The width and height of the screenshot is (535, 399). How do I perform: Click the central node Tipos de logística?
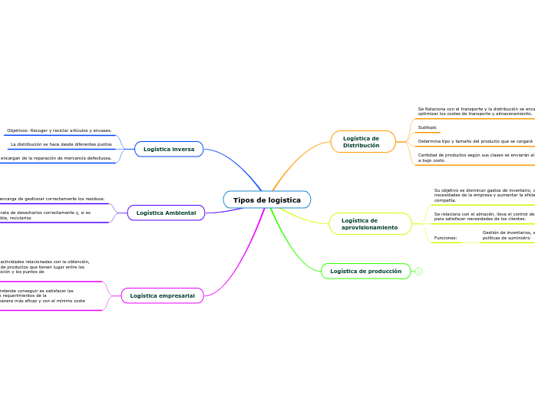(x=267, y=199)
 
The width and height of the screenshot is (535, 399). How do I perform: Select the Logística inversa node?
(x=169, y=149)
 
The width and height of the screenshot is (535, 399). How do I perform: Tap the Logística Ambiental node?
(x=166, y=213)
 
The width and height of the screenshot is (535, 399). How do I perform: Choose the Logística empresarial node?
(x=162, y=295)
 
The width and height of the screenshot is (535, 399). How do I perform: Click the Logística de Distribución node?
(x=362, y=142)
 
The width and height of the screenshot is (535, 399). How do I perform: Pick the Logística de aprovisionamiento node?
(x=370, y=224)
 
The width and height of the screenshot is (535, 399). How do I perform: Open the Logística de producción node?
(x=365, y=271)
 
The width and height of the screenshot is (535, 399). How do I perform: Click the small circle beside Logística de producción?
(x=419, y=271)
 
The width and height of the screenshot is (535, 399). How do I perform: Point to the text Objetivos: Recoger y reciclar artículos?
(x=59, y=130)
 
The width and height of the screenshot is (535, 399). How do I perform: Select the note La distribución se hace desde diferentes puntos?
(x=61, y=144)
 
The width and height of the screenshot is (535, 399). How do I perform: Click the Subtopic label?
(x=428, y=127)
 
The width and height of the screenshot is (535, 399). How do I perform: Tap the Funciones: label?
(x=445, y=238)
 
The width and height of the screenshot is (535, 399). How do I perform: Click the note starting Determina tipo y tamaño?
(x=474, y=142)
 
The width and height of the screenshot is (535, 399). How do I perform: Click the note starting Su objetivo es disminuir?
(x=484, y=195)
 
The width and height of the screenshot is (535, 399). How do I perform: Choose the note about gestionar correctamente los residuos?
(x=52, y=199)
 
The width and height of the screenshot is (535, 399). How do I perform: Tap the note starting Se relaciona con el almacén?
(x=484, y=216)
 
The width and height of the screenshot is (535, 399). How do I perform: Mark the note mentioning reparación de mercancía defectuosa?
(x=55, y=158)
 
